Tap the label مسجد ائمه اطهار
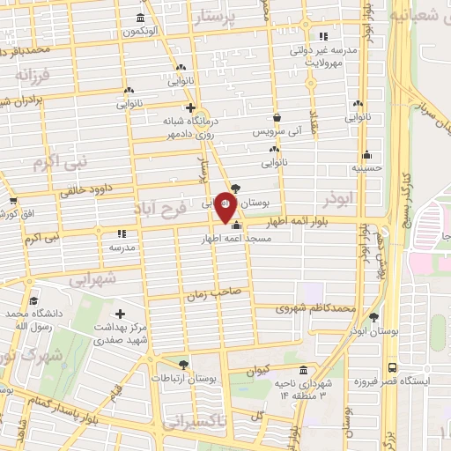pyautogui.click(x=237, y=239)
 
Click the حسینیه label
pyautogui.click(x=365, y=166)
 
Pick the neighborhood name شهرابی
pyautogui.click(x=92, y=279)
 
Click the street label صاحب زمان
pyautogui.click(x=207, y=296)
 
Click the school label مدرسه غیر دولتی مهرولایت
pyautogui.click(x=328, y=57)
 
